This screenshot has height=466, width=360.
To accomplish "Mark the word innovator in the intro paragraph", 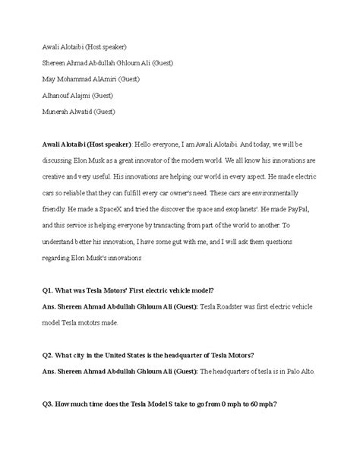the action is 172,161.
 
